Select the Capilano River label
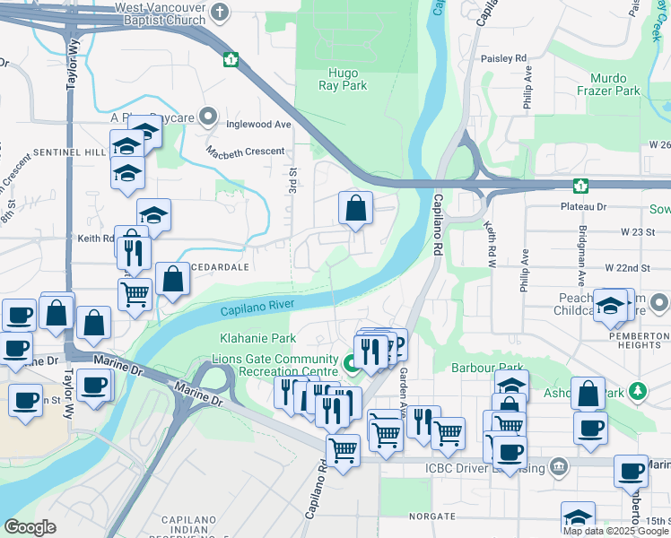258,307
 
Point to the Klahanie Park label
258,339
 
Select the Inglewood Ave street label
259,124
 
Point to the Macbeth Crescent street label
245,151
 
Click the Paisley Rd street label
508,58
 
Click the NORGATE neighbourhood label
433,516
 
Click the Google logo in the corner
30,527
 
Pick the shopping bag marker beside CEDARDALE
172,280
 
